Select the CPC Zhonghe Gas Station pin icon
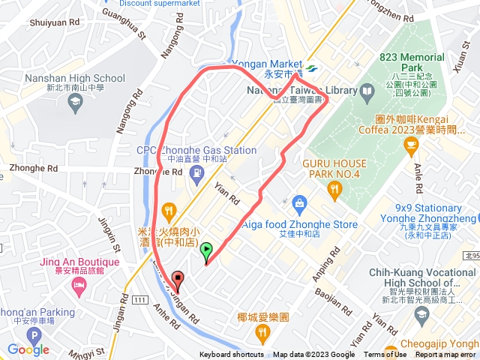(x=196, y=173)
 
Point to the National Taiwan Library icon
(x=367, y=91)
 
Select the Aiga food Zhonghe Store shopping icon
(x=299, y=202)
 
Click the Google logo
(x=28, y=349)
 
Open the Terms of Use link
(x=385, y=355)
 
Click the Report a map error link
(x=445, y=355)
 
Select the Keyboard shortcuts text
(x=232, y=355)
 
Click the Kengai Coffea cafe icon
(x=410, y=145)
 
